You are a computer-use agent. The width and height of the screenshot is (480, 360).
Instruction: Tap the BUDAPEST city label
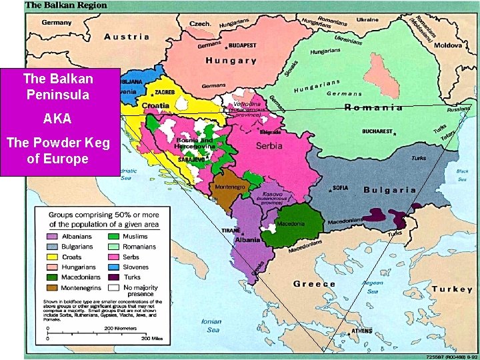(x=243, y=46)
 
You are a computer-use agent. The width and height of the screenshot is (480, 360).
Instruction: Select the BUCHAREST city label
(x=377, y=131)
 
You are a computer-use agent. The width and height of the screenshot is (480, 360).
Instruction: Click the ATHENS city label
(x=361, y=331)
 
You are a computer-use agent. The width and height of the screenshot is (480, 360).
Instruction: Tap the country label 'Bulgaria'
(x=389, y=190)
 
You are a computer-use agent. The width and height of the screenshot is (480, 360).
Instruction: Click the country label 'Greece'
(x=315, y=284)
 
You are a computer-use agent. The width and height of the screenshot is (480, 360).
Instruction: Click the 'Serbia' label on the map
(x=270, y=145)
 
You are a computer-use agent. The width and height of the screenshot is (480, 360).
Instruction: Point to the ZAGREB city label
(x=165, y=91)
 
